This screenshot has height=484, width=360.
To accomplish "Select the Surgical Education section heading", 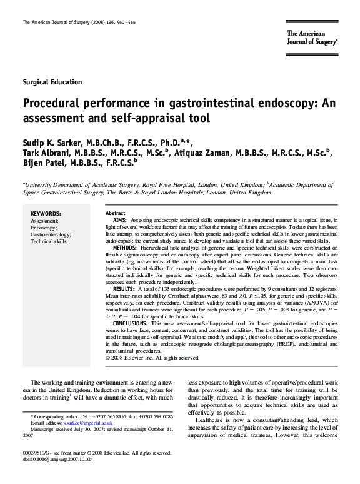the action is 52,82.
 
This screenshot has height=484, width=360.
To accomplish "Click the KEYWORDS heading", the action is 46,213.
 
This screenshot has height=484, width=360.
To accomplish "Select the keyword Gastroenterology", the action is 51,234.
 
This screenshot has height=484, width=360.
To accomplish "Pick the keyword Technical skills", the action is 48,241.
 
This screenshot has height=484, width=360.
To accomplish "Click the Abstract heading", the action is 116,213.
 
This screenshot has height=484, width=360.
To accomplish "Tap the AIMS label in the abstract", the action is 119,221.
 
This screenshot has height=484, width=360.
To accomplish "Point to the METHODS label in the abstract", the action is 125,248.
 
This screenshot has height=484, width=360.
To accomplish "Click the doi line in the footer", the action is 57,459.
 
